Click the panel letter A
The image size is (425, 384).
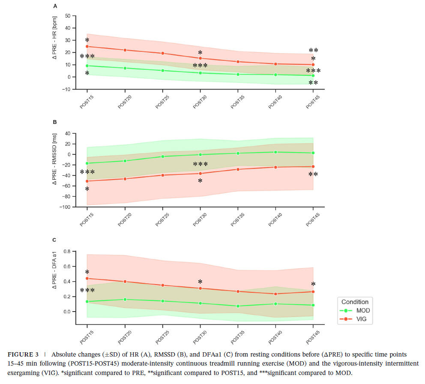55,6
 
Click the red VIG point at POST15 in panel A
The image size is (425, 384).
87,46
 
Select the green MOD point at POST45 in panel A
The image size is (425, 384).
313,76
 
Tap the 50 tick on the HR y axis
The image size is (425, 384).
67,16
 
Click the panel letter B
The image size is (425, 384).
55,122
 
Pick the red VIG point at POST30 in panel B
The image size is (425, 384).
200,173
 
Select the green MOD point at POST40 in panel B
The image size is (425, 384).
275,152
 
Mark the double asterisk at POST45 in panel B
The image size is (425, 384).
313,174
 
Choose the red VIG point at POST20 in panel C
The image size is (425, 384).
125,282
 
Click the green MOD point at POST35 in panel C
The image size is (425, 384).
238,306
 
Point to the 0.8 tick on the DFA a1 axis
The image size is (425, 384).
67,251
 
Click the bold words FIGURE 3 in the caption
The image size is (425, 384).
24,354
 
